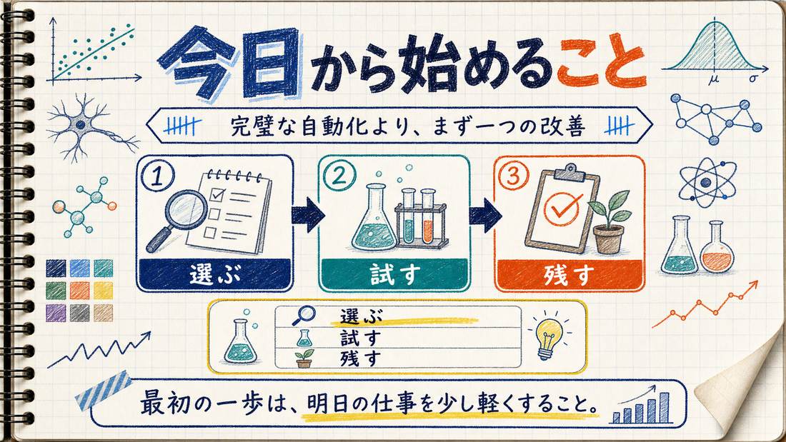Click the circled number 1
tap(157, 177)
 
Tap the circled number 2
tap(339, 176)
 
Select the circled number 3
tap(514, 176)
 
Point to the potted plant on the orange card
tap(609, 222)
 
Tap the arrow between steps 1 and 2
tap(307, 214)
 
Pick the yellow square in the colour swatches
tap(104, 291)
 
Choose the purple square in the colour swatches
tap(56, 313)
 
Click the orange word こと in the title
tap(600, 64)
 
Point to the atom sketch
tap(707, 182)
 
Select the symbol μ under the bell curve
tap(713, 79)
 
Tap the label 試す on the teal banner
tap(394, 275)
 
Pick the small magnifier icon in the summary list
tap(303, 315)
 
